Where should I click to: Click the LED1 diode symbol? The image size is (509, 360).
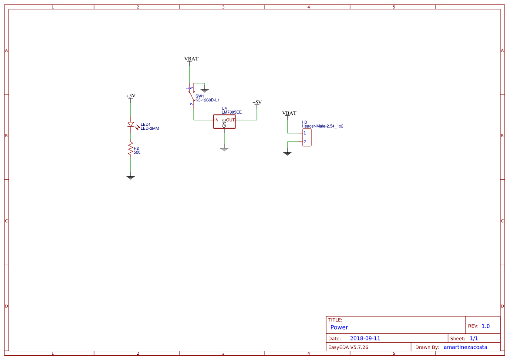[130, 124]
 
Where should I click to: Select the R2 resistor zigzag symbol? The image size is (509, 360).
[130, 148]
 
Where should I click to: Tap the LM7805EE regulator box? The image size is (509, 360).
[224, 121]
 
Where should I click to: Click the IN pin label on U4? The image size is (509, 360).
[216, 120]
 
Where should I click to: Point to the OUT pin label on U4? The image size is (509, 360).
[230, 120]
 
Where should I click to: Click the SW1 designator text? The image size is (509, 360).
[199, 96]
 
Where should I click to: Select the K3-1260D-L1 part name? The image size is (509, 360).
[207, 100]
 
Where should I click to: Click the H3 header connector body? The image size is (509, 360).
[307, 138]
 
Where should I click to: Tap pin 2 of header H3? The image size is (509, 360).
[305, 142]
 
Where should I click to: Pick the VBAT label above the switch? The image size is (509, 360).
[191, 59]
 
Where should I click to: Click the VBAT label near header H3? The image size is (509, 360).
[289, 113]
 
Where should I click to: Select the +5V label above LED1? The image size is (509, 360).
[131, 96]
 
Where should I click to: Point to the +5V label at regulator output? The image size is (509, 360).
[257, 103]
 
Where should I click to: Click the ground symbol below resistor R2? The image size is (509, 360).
[130, 177]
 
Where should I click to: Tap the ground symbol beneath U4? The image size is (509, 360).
[224, 149]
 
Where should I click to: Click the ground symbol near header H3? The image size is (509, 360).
[287, 153]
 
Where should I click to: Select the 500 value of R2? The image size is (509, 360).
[137, 153]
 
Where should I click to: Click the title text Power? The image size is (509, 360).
[339, 327]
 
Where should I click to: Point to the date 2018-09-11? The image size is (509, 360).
[365, 338]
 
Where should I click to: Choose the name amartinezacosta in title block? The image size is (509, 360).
[465, 347]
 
